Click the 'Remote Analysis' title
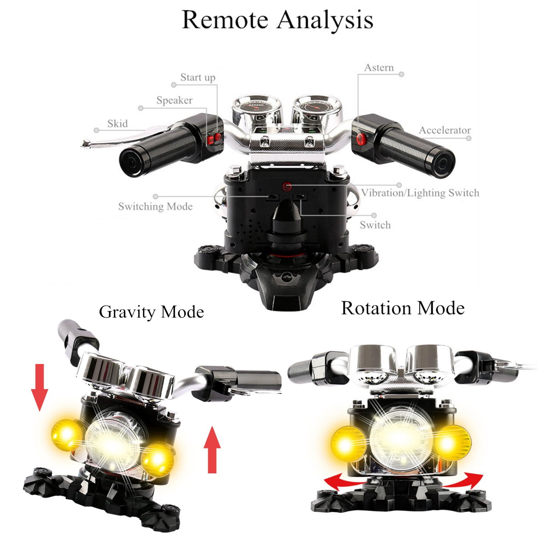(x=277, y=20)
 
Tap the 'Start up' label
(x=198, y=77)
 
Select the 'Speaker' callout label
(x=174, y=100)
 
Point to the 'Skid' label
(x=117, y=124)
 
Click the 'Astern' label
(x=379, y=68)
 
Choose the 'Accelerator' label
(x=445, y=130)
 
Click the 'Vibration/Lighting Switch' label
(x=420, y=193)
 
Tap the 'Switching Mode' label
(x=155, y=206)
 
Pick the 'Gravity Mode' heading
(x=151, y=312)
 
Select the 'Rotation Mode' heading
(x=403, y=308)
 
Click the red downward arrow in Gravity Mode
(x=40, y=388)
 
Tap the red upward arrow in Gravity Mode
(x=212, y=450)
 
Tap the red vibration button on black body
(x=287, y=187)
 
